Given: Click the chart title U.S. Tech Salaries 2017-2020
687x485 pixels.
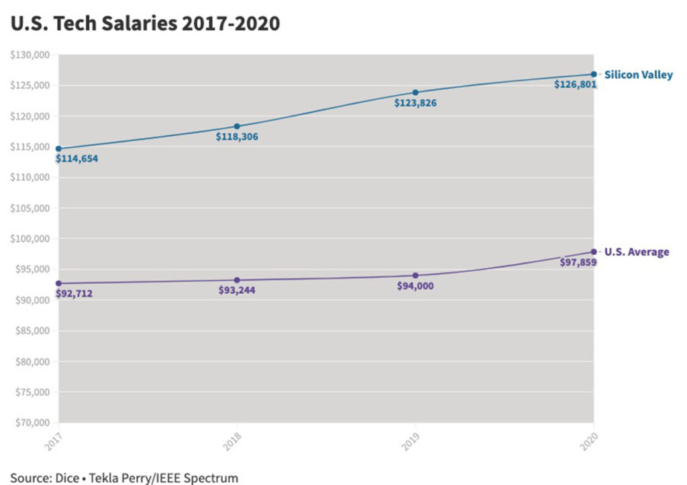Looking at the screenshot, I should (x=144, y=23).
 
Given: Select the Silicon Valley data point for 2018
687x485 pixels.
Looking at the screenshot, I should (x=237, y=126).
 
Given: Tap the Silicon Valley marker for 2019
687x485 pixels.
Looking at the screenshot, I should (x=415, y=92).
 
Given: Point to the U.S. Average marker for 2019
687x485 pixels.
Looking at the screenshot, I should (x=415, y=275).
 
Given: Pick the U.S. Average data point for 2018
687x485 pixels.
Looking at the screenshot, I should (x=237, y=280).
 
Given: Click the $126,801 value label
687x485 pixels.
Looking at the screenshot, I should (x=575, y=85).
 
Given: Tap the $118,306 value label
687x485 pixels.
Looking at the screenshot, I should (x=237, y=137).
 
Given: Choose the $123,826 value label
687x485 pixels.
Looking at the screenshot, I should (x=415, y=103).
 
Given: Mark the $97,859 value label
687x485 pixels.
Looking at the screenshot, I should (x=578, y=262).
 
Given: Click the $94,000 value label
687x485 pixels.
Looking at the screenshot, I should (x=415, y=286).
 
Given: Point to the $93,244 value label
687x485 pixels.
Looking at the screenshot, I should (x=237, y=290).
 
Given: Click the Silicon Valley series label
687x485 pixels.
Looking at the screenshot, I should (x=638, y=75).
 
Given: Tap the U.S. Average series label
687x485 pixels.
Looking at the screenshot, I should (x=637, y=252).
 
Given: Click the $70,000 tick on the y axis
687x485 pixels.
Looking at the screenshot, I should (x=32, y=423).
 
